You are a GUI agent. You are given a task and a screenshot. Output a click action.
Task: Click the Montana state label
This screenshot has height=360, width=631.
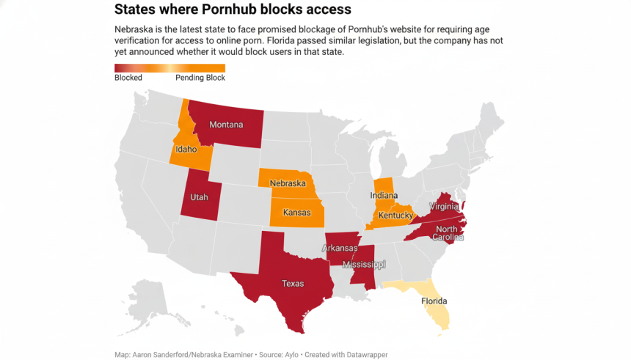pyautogui.click(x=226, y=125)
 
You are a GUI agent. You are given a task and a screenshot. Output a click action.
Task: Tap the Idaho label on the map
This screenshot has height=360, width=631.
pyautogui.click(x=186, y=149)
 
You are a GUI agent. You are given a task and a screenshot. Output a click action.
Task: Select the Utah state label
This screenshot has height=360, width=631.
pyautogui.click(x=200, y=198)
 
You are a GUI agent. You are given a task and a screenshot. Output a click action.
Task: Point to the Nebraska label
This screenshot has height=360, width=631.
pyautogui.click(x=288, y=183)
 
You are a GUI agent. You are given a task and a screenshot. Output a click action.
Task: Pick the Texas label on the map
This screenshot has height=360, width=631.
pyautogui.click(x=293, y=282)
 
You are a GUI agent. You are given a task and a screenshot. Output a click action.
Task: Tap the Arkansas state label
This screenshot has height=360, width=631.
pyautogui.click(x=340, y=249)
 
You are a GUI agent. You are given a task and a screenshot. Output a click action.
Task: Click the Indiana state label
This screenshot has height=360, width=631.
pyautogui.click(x=384, y=196)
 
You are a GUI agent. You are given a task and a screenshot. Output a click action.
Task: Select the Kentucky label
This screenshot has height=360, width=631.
pyautogui.click(x=395, y=216)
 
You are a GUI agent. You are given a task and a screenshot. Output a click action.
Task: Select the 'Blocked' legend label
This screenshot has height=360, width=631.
pyautogui.click(x=128, y=77)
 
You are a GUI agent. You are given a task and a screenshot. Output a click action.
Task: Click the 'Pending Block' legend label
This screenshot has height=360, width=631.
pyautogui.click(x=200, y=77)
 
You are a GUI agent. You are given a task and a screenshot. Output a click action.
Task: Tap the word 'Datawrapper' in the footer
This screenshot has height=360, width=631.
pyautogui.click(x=365, y=355)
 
